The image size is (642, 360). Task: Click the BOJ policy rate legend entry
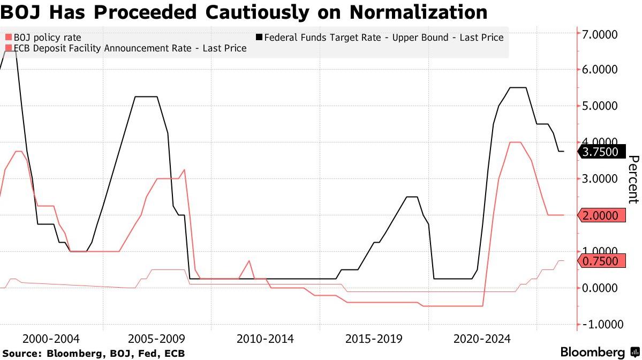(x=47, y=37)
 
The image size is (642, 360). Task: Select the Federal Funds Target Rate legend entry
(x=383, y=37)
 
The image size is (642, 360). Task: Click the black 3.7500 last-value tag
(x=600, y=152)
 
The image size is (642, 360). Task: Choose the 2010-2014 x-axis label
(x=265, y=339)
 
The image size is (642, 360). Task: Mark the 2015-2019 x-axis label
(x=374, y=339)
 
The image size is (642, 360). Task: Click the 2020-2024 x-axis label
(x=482, y=339)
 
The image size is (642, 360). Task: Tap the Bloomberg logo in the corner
(x=598, y=352)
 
